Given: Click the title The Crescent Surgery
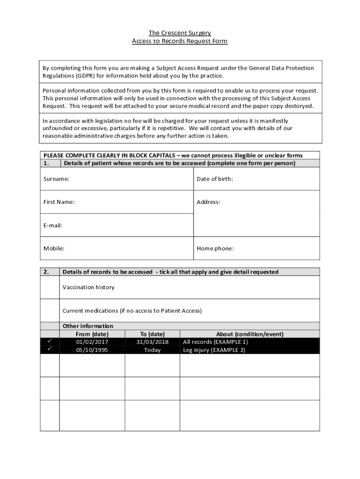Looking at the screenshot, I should (180, 33).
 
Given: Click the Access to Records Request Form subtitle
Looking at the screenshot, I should (180, 41).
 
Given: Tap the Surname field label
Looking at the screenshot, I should (57, 179).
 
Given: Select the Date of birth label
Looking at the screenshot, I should (215, 179).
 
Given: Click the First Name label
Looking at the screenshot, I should (59, 202).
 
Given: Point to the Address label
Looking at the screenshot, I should (208, 202).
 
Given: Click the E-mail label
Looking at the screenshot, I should (53, 225).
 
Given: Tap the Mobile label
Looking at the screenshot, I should (54, 248).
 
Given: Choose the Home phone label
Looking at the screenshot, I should (215, 248).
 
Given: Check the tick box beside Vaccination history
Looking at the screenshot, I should (50, 287).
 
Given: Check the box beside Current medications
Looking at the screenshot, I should (50, 311).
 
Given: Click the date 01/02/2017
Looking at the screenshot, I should (92, 342).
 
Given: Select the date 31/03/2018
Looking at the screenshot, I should (152, 342).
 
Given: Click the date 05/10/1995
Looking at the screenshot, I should (92, 350).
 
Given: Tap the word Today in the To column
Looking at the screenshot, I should (152, 350).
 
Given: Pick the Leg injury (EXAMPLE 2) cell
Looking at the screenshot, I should (214, 350).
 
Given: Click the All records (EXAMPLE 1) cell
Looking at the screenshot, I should (215, 342).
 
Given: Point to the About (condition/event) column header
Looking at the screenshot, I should (250, 334).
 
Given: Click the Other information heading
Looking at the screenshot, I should (88, 326).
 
